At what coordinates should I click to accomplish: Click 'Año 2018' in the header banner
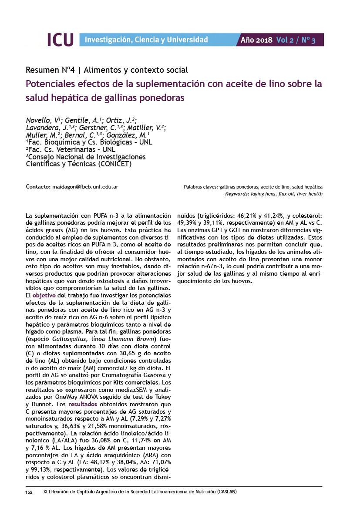[x=256, y=40]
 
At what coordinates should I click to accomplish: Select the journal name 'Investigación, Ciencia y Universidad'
[x=146, y=40]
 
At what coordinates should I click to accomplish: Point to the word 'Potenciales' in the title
[x=53, y=84]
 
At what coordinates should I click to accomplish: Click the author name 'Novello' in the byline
[x=38, y=120]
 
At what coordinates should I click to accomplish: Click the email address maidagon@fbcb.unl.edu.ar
[x=85, y=187]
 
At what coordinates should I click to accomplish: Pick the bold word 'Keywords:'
[x=237, y=194]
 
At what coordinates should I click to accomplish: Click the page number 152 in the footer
[x=30, y=492]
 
